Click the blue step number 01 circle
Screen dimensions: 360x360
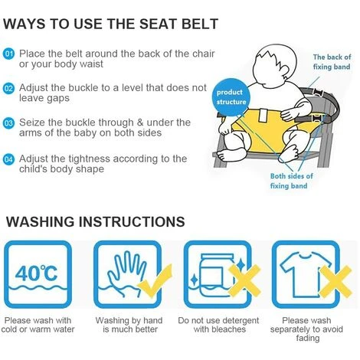pos(8,54)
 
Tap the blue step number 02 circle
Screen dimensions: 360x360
pos(8,88)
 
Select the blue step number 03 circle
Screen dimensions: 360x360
pos(8,123)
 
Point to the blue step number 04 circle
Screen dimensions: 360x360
pos(8,159)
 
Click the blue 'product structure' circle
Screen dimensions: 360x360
pos(231,97)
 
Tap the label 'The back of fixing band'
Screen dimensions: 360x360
pos(332,62)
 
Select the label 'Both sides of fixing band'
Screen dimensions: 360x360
pos(291,181)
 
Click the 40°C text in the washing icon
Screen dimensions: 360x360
pos(37,273)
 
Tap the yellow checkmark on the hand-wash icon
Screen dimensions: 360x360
pos(155,281)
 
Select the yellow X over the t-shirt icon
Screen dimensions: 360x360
pos(335,281)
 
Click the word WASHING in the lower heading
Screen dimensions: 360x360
pos(41,221)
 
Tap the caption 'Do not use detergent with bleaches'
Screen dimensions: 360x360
pos(219,325)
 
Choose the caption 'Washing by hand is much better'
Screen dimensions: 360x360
pos(129,325)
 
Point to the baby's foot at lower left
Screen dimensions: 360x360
pos(228,154)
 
